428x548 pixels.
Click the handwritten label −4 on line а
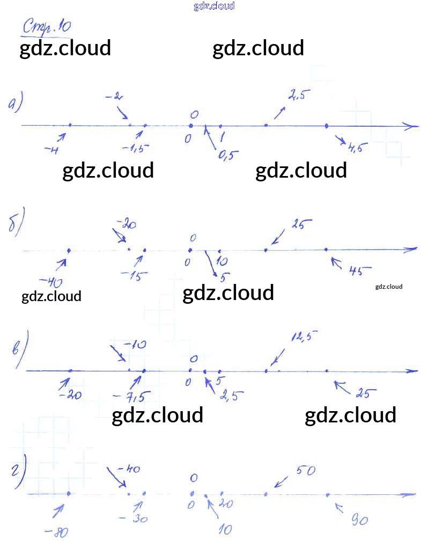click(x=52, y=150)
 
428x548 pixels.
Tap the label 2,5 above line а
click(x=299, y=96)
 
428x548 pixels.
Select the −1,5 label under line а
click(x=135, y=148)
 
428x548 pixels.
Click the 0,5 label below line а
click(x=228, y=155)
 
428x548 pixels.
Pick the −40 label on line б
click(x=53, y=282)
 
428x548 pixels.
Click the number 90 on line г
click(x=359, y=519)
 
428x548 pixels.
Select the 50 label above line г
click(x=305, y=471)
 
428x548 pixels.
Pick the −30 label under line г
click(x=134, y=519)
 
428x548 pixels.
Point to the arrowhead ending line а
click(x=412, y=127)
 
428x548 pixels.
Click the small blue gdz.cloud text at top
click(x=214, y=6)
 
